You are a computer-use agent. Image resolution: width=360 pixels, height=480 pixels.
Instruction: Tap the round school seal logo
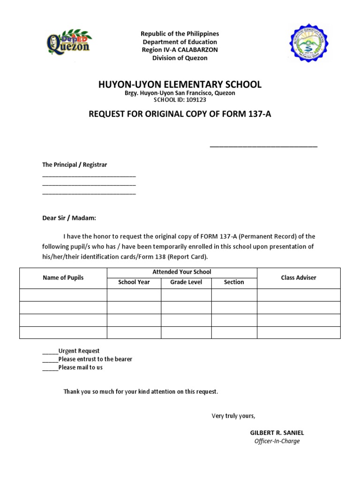pos(308,45)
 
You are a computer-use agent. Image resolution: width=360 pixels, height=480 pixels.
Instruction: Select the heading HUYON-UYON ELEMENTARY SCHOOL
pos(180,85)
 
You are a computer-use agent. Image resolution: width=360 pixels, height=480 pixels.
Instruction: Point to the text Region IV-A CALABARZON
pos(180,50)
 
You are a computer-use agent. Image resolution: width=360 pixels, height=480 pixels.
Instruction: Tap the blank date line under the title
pos(263,146)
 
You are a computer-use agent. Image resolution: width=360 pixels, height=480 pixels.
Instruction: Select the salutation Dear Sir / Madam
pos(69,218)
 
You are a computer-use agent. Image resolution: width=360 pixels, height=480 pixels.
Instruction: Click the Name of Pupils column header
pos(63,278)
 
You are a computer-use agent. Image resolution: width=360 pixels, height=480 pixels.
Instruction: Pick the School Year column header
pos(134,282)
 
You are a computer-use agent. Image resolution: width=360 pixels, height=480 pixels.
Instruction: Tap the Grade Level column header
pos(186,282)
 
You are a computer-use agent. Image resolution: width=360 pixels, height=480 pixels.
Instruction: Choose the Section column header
pos(234,282)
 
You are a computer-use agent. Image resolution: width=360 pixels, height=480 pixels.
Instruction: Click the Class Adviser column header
pos(299,278)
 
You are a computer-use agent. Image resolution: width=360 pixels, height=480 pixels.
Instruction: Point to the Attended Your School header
pos(182,272)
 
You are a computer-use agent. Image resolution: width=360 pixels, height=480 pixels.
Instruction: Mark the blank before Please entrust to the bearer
pos(50,360)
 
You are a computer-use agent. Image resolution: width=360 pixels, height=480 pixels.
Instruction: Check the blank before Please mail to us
pos(50,368)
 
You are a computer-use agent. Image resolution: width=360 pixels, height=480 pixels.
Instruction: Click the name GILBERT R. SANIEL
pos(277,433)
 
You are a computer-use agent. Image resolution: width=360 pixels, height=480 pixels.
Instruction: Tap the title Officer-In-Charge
pos(277,441)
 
